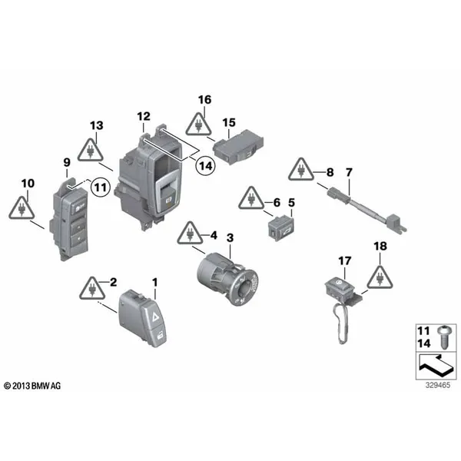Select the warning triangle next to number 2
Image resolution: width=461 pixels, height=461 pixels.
[92, 290]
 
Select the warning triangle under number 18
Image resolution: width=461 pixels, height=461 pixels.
[379, 277]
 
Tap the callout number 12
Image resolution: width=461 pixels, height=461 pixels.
[144, 116]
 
